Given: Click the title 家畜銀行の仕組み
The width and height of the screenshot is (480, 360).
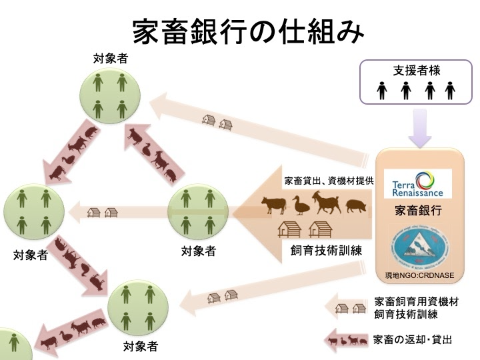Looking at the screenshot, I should click(240, 29).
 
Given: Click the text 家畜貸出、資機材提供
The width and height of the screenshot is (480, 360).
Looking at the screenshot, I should click(328, 181).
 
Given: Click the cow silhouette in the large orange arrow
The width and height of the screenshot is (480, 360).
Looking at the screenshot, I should click(274, 204).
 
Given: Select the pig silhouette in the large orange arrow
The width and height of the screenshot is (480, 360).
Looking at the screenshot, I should click(357, 207).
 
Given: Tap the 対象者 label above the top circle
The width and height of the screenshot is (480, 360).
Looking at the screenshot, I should click(110, 59).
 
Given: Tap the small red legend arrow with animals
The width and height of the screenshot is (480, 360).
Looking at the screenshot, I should click(348, 340).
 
